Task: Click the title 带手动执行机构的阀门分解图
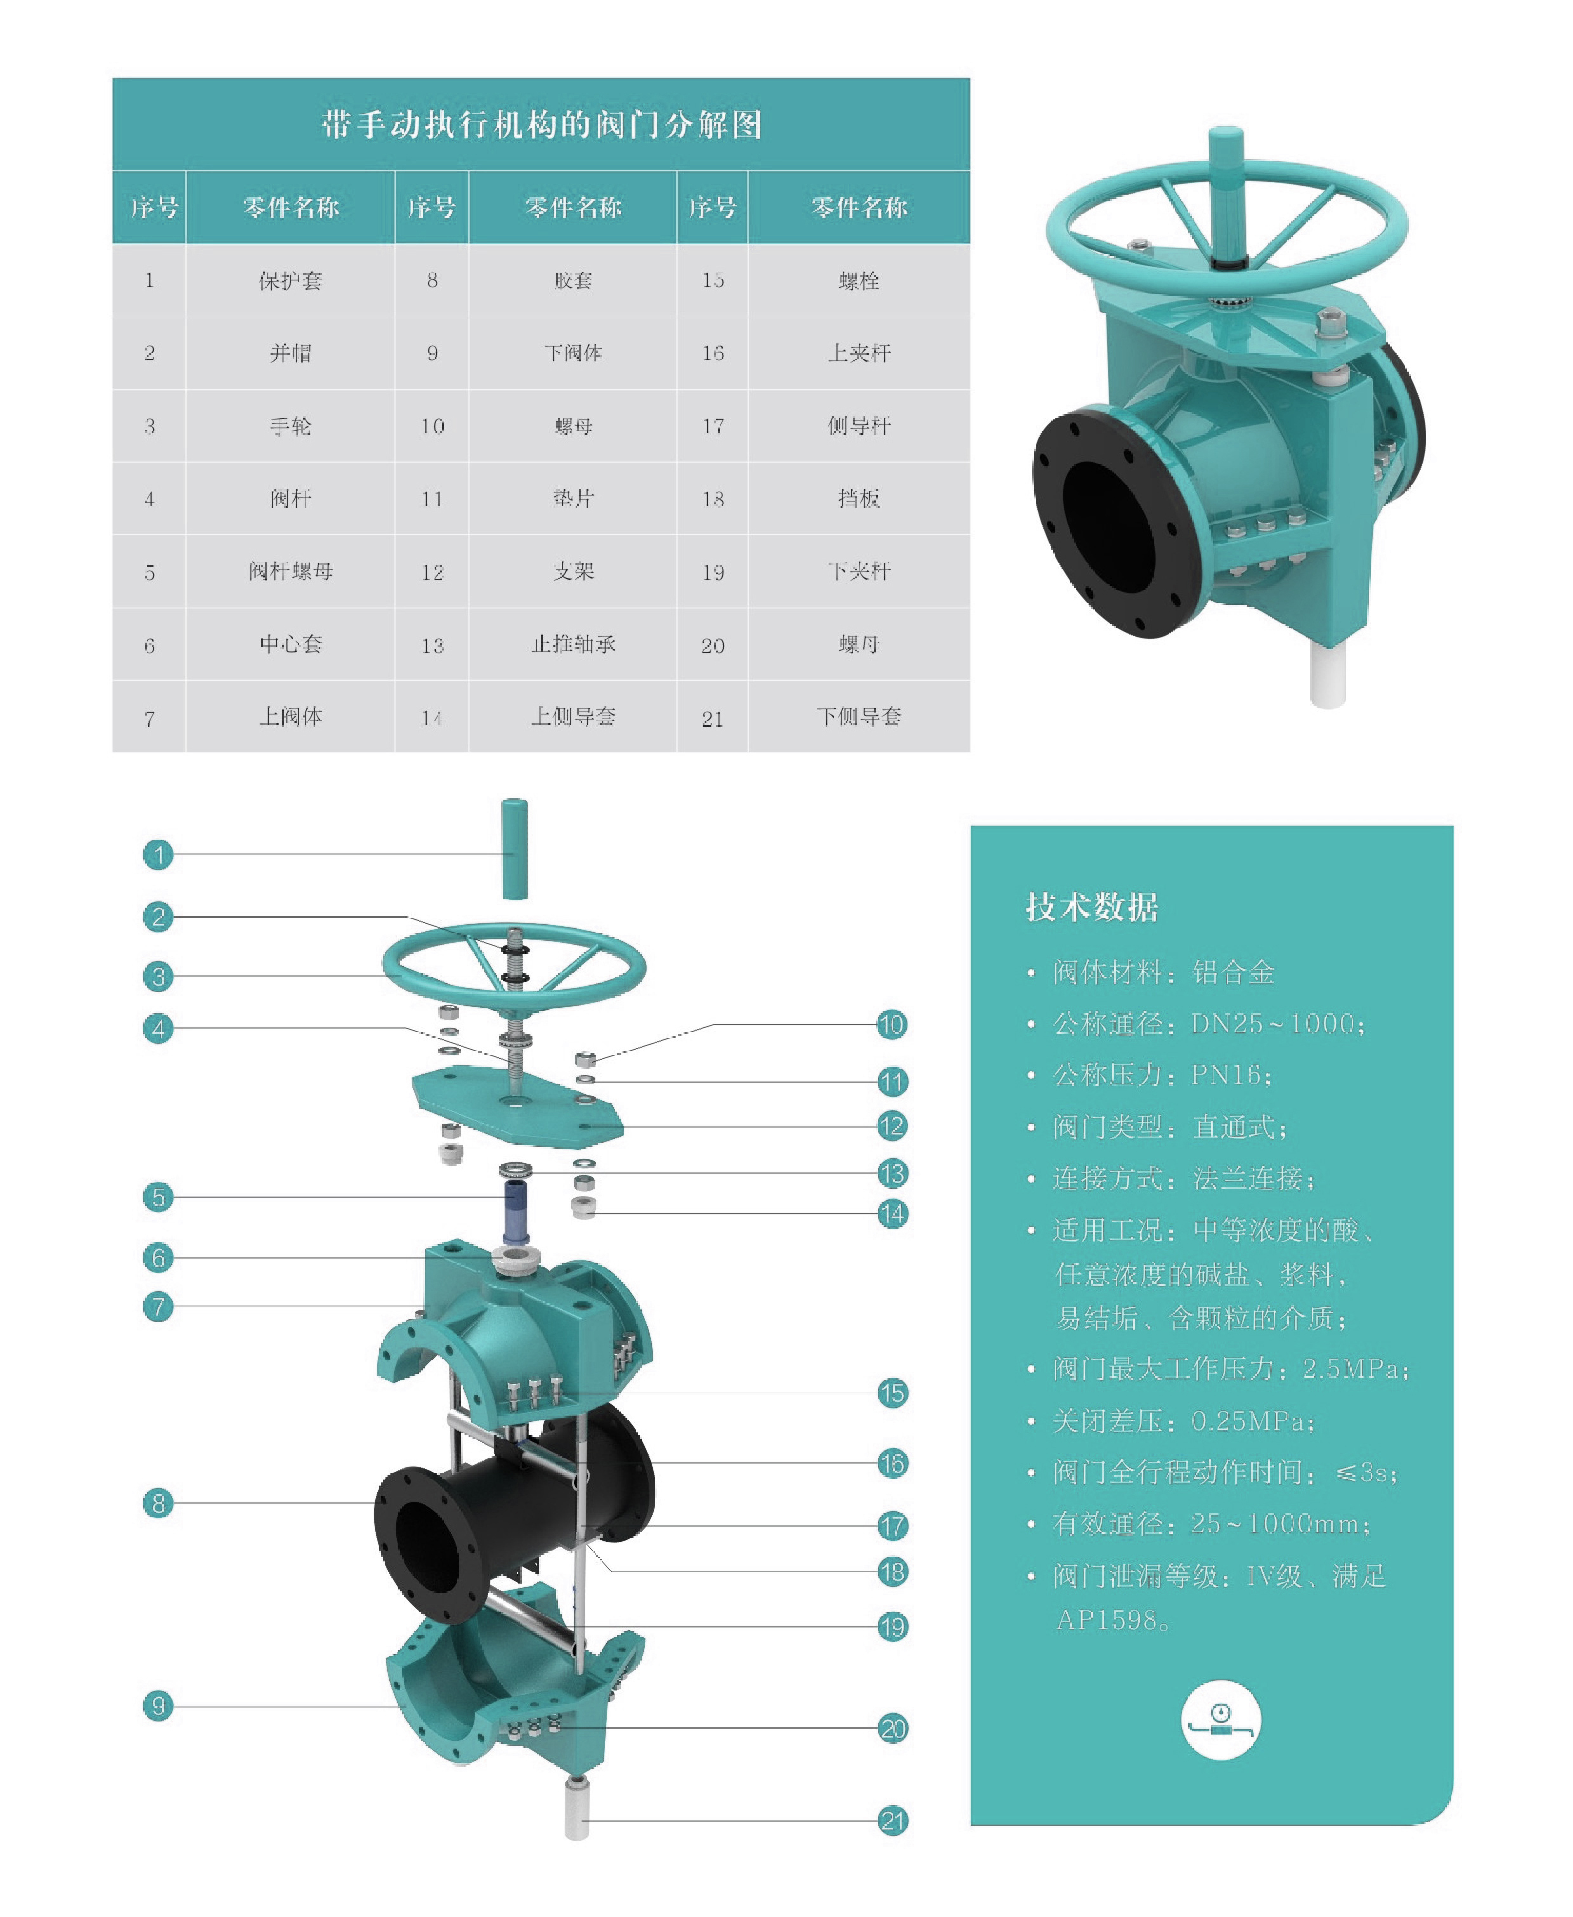pos(541,124)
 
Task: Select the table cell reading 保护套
pos(290,280)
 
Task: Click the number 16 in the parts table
pos(713,353)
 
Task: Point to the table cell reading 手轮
pos(290,426)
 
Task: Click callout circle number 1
pos(159,854)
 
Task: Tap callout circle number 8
pos(159,1504)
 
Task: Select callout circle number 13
pos(893,1173)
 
